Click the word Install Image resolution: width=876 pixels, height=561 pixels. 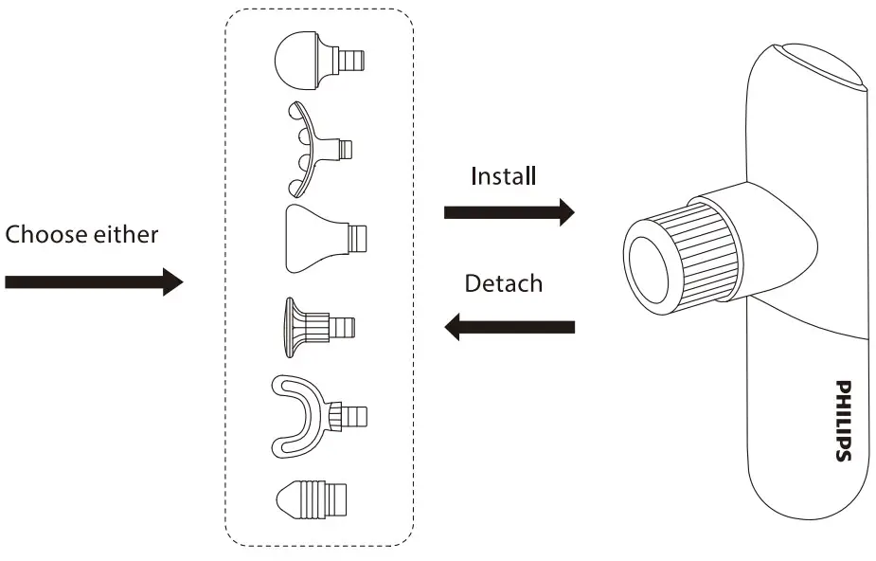503,176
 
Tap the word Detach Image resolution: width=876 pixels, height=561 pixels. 503,283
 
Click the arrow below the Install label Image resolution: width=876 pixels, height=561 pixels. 509,212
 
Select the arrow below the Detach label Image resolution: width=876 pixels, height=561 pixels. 509,327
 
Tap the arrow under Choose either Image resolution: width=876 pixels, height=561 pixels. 93,281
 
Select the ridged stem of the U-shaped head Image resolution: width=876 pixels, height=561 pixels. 352,416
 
